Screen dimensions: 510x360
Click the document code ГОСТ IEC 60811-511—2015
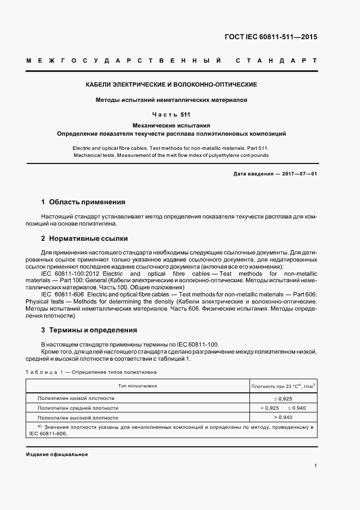tap(271, 37)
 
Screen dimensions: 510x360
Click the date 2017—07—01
tap(298, 173)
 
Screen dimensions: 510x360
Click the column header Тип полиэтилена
tap(138, 386)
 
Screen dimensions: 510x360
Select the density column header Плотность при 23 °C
tap(283, 386)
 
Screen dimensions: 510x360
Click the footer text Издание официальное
tap(57, 454)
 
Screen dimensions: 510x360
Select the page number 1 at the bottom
tap(316, 466)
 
